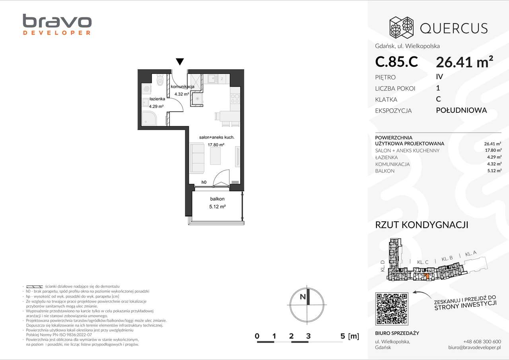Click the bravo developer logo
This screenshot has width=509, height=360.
(x=57, y=25)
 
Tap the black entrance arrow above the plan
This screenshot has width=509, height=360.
(x=180, y=62)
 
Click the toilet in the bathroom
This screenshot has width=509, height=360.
(x=160, y=81)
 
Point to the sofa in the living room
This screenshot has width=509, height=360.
(x=197, y=158)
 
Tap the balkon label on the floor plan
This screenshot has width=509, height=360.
(x=218, y=199)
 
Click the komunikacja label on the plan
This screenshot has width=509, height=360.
(x=182, y=87)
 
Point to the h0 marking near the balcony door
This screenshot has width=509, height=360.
(x=204, y=182)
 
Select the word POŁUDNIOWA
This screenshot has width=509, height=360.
(x=461, y=110)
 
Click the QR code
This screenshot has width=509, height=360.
(x=392, y=308)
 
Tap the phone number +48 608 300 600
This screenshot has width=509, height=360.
(x=482, y=341)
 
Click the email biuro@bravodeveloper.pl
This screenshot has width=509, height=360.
(x=474, y=347)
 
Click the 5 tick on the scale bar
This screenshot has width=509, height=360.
(x=343, y=336)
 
